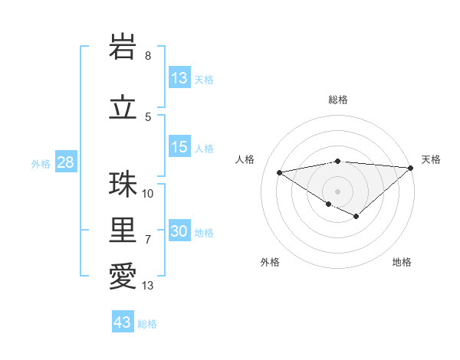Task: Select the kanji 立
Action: coord(123,107)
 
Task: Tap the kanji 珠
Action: coord(123,184)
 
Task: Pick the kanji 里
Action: coord(123,230)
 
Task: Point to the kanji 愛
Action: coord(123,276)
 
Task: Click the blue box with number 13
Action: coord(179,78)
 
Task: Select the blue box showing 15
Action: coord(179,147)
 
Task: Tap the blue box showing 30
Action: coord(179,232)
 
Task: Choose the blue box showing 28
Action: coord(65,163)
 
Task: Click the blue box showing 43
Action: coord(123,322)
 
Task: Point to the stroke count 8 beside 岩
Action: coord(148,56)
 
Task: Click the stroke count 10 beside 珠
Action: coord(148,193)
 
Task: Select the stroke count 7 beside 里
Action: coord(148,240)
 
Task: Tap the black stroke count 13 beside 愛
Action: coord(148,286)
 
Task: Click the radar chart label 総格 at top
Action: coord(337,100)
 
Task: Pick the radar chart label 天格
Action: coord(431,159)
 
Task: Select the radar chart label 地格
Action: coord(402,262)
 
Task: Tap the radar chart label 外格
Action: coord(270,262)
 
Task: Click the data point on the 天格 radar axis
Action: coord(411,167)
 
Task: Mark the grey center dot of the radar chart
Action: coord(337,191)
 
